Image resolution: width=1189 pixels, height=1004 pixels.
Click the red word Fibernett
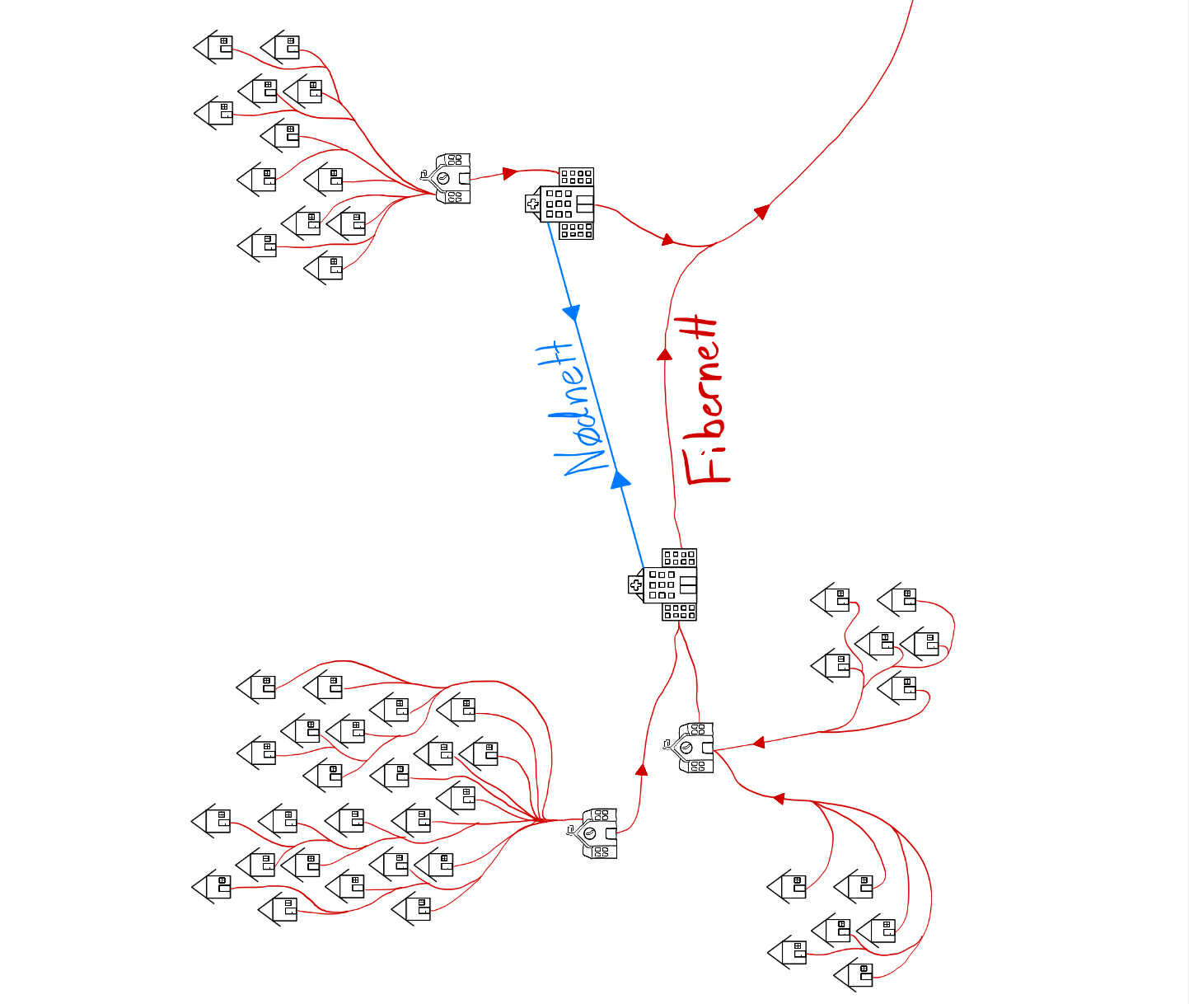pos(703,401)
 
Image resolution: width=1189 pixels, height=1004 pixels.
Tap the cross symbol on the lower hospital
pos(635,585)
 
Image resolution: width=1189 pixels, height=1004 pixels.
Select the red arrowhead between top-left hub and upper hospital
pos(510,173)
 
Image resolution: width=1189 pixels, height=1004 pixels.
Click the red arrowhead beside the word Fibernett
pos(664,354)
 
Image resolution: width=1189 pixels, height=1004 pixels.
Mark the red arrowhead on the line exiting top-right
pos(761,211)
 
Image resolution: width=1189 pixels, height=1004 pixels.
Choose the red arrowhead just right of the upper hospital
pos(667,240)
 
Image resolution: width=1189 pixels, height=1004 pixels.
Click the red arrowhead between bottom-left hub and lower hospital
pos(642,770)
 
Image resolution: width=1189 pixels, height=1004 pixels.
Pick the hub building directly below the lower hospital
pos(691,748)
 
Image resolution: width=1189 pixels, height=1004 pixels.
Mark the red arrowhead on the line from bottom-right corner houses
pos(777,798)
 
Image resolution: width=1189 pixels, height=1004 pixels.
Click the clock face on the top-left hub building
pos(442,178)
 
